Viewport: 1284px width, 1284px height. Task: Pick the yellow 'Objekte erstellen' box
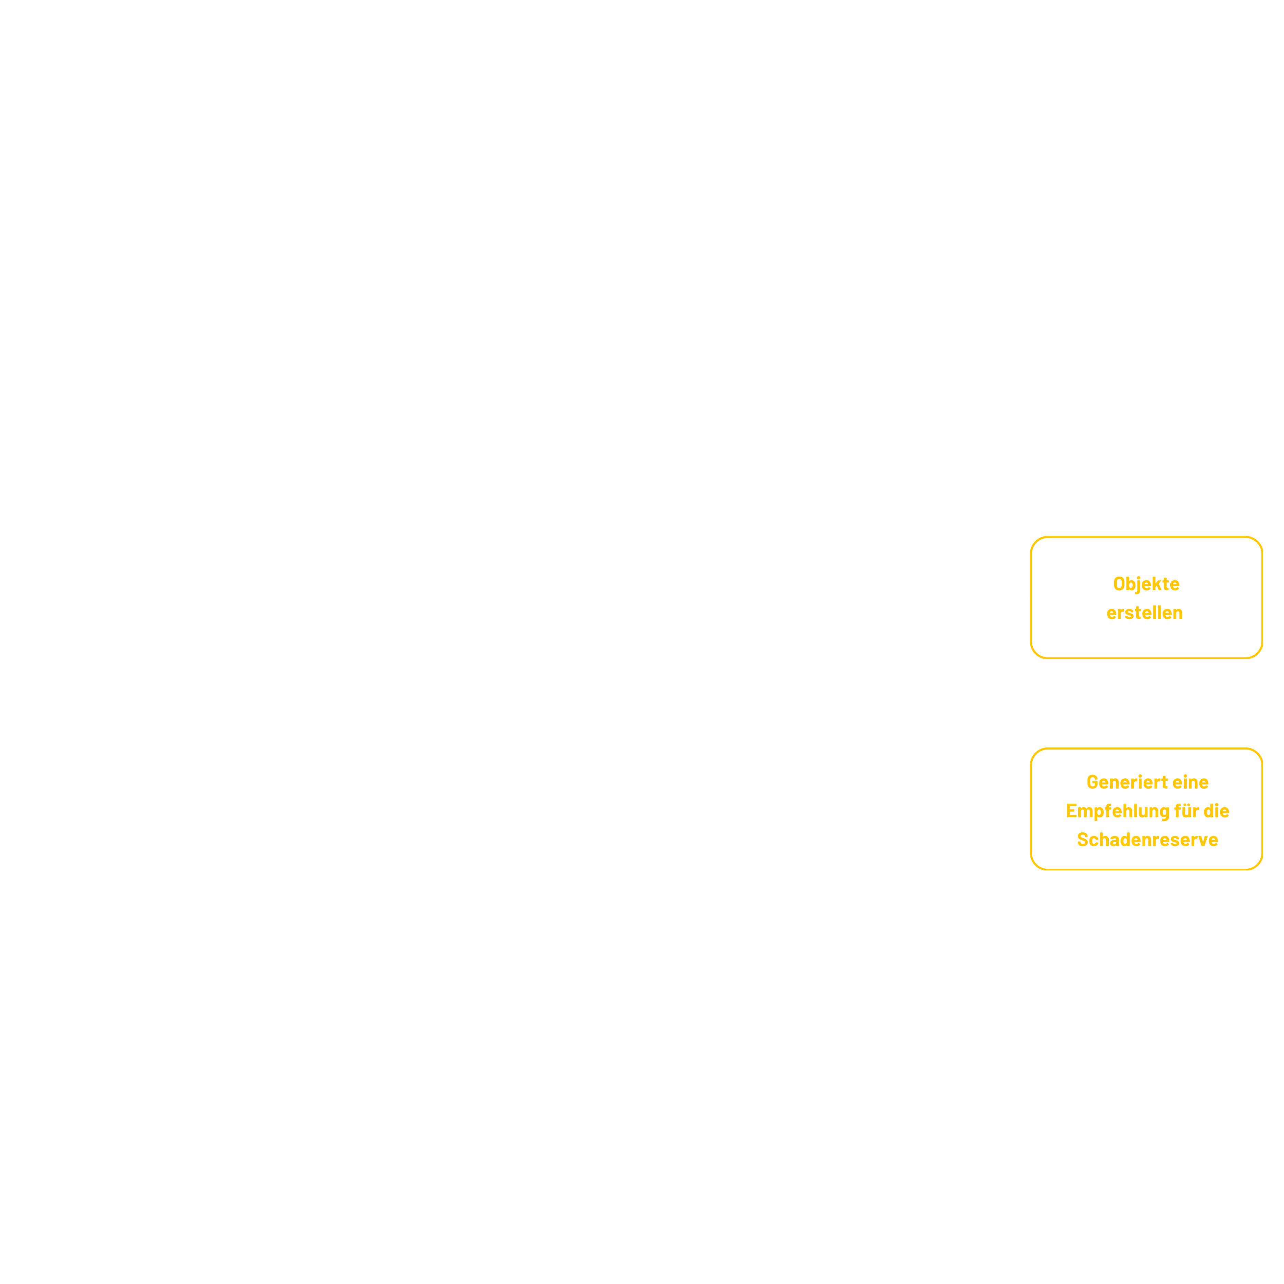click(1146, 597)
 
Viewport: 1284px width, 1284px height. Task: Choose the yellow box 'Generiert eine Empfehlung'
click(1146, 809)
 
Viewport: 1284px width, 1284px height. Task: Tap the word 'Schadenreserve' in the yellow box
click(1147, 839)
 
